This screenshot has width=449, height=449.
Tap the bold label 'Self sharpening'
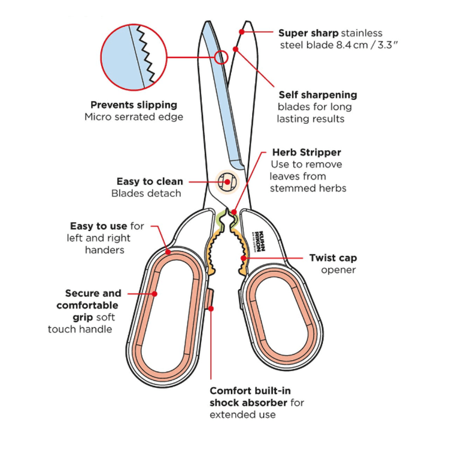click(x=317, y=95)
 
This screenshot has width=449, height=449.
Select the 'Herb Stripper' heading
click(x=306, y=152)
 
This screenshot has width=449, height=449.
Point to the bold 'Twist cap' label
click(x=332, y=258)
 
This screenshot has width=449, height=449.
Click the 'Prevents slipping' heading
click(x=134, y=105)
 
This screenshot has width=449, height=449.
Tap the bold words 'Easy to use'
click(x=99, y=226)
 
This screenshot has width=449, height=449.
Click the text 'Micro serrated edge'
click(x=134, y=117)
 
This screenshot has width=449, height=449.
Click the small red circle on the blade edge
click(x=221, y=57)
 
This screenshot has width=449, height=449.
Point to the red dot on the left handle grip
click(x=155, y=293)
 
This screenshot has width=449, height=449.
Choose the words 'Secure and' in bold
click(x=93, y=293)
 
